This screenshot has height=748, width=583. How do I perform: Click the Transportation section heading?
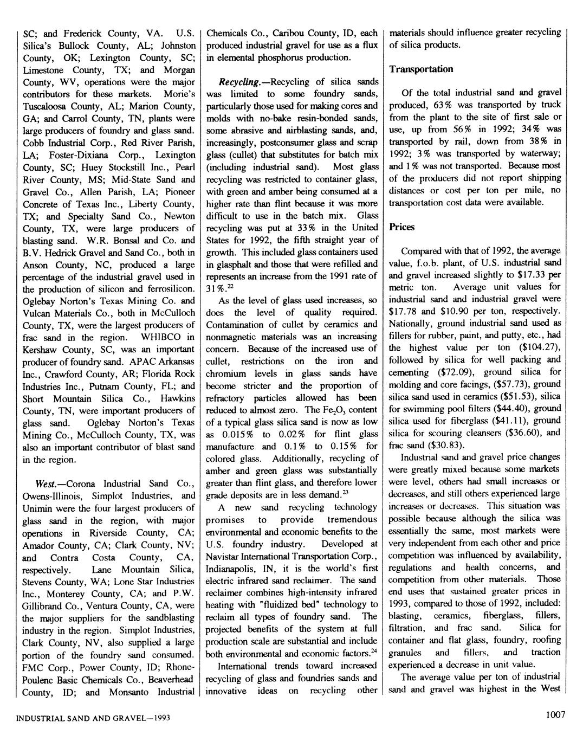pyautogui.click(x=421, y=69)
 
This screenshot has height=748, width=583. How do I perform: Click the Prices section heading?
pyautogui.click(x=401, y=227)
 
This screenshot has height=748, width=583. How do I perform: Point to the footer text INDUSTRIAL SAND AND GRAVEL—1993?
pyautogui.click(x=93, y=718)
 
